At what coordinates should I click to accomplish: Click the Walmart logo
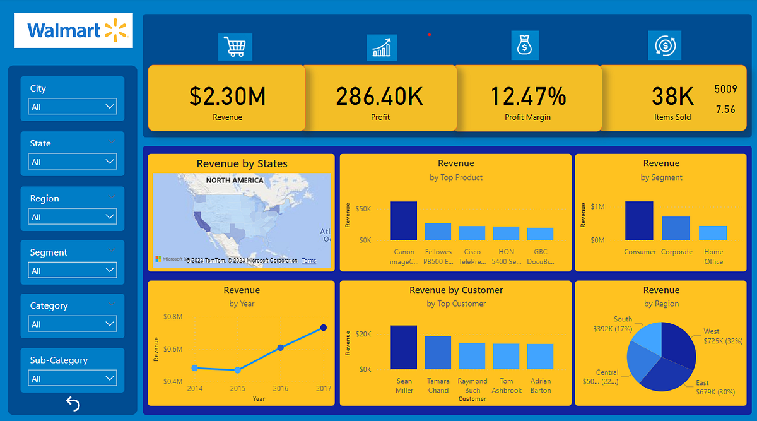73,30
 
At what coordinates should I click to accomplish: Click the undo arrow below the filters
73,404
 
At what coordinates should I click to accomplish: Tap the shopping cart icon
235,47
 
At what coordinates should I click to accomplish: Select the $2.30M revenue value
227,96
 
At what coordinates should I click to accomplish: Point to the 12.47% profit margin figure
528,96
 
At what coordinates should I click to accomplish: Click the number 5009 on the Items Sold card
725,89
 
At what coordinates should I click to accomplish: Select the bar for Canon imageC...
404,221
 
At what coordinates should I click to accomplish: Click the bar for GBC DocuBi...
540,234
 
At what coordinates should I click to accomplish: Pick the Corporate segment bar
676,228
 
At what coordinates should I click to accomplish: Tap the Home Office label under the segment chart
713,256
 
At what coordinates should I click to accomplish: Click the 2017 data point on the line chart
324,328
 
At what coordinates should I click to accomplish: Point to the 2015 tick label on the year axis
237,388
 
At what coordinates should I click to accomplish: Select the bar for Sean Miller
404,347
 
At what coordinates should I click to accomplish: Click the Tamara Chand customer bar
438,352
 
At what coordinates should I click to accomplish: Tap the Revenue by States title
242,163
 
